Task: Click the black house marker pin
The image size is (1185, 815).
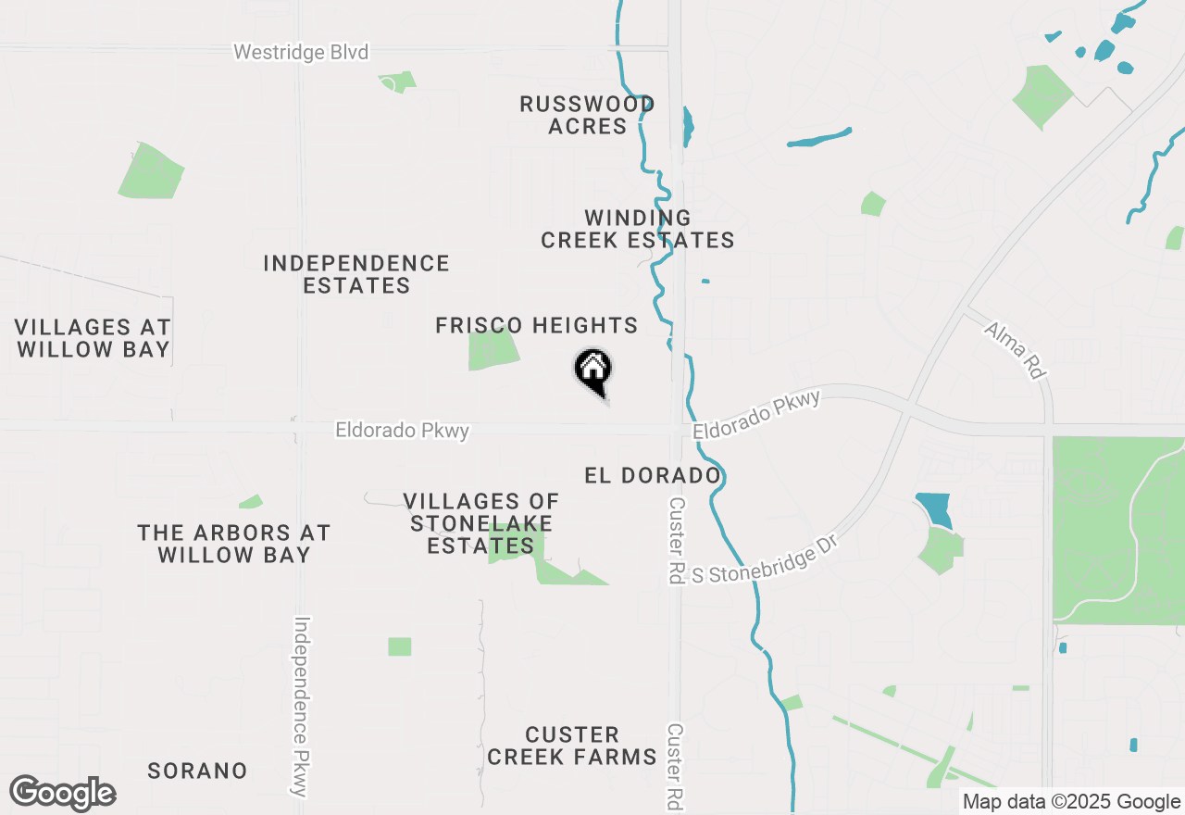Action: [x=593, y=370]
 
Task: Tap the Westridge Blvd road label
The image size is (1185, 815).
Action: [x=301, y=52]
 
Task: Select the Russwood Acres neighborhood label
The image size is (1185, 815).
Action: [x=587, y=115]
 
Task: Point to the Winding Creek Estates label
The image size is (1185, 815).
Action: [x=638, y=229]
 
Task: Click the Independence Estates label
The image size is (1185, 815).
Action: [x=356, y=274]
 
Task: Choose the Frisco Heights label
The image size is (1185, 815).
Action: [x=537, y=325]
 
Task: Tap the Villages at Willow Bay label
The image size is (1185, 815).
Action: [x=93, y=338]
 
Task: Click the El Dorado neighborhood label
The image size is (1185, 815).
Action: [x=653, y=475]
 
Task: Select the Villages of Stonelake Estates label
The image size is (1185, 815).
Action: [x=481, y=523]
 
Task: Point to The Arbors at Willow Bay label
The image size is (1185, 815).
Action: [x=233, y=544]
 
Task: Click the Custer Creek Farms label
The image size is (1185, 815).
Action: [x=572, y=746]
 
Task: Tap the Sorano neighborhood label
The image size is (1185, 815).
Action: [x=198, y=771]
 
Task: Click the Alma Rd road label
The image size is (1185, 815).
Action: [x=1015, y=350]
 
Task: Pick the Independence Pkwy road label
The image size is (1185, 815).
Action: [x=301, y=706]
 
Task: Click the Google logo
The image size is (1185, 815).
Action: [x=62, y=794]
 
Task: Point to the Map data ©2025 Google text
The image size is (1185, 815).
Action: [x=1071, y=802]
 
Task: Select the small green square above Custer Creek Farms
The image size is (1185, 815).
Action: [x=399, y=646]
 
